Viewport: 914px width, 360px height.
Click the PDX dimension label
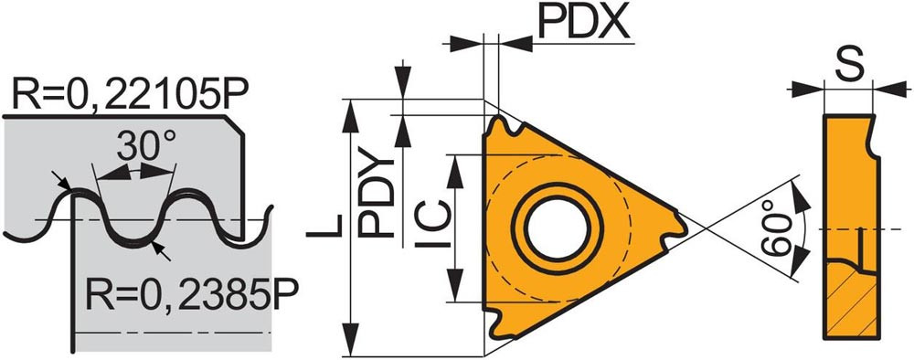pyautogui.click(x=584, y=22)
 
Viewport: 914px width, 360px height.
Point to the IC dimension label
pyautogui.click(x=433, y=224)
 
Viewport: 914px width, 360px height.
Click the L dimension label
pyautogui.click(x=324, y=226)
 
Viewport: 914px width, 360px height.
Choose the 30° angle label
pyautogui.click(x=146, y=145)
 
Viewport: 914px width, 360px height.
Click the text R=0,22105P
pyautogui.click(x=131, y=93)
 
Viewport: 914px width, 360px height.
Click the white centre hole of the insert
pyautogui.click(x=556, y=227)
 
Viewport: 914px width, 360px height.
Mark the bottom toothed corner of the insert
pyautogui.click(x=500, y=323)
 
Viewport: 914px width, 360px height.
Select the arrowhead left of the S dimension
pyautogui.click(x=807, y=90)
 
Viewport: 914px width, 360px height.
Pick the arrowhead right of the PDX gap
pyautogui.click(x=515, y=43)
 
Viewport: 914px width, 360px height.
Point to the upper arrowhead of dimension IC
pyautogui.click(x=455, y=171)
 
